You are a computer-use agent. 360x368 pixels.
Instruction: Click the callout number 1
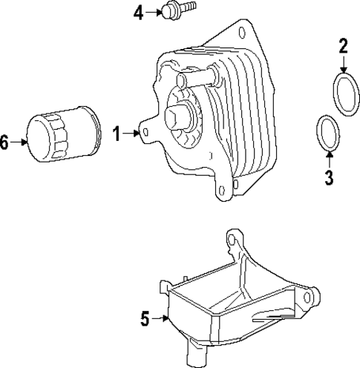[x=117, y=134]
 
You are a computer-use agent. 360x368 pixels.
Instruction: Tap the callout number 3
[x=330, y=177]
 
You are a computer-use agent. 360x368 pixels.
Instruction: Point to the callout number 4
[x=139, y=12]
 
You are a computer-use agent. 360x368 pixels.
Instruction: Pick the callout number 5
[x=145, y=319]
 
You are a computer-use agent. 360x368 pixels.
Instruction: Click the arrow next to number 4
[x=154, y=12]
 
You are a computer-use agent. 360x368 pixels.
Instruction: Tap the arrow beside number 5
[x=162, y=319]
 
